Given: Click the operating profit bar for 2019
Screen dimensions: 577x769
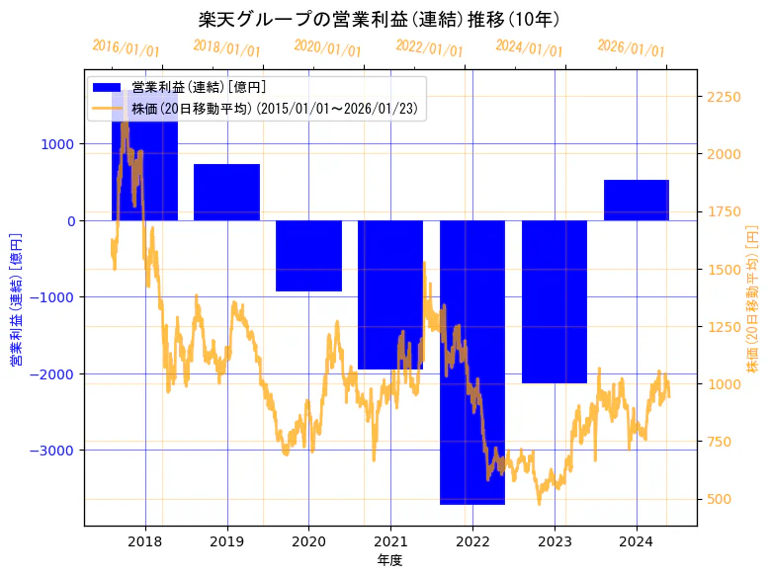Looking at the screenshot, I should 226,192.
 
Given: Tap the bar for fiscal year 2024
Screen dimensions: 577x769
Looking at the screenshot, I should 637,200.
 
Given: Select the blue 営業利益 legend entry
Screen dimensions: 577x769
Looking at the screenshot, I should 198,88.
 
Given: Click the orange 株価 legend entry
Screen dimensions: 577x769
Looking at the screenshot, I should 277,108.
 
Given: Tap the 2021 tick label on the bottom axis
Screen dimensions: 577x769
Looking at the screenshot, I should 390,541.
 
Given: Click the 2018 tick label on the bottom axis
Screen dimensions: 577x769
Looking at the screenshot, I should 145,541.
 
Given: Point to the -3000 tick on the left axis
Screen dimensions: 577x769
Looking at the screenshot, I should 54,451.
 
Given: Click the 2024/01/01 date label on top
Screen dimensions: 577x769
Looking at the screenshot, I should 529,48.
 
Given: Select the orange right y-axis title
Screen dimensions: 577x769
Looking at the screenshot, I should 753,296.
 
